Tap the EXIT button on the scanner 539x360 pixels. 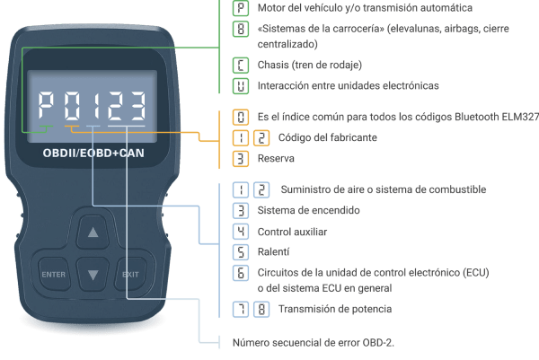[x=131, y=273]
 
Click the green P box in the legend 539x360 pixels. [x=240, y=8]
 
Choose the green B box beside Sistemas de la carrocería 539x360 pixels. [x=240, y=31]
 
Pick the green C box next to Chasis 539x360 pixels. [x=240, y=65]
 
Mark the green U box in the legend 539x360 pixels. [x=240, y=86]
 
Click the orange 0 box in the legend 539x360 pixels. [x=240, y=117]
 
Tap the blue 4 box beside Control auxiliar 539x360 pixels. [x=240, y=232]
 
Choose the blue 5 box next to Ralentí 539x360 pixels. [x=240, y=252]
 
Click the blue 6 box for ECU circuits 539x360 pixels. [x=240, y=273]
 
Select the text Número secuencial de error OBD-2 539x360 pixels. [x=314, y=342]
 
